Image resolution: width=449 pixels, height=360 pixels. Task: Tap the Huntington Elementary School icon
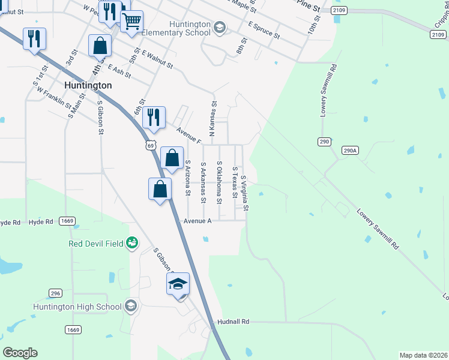tap(220, 26)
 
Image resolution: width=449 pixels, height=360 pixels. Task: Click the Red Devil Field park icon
tap(131, 243)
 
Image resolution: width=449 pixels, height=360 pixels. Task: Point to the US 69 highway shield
tap(150, 146)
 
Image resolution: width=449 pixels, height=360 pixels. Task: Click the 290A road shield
tap(350, 151)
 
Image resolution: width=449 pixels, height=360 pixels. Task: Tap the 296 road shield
tap(55, 293)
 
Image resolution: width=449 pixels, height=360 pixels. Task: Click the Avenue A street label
tap(197, 221)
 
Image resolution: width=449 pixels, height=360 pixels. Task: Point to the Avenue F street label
tap(188, 135)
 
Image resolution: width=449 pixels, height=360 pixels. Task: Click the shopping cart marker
tap(131, 22)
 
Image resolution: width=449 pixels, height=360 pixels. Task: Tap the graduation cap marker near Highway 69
tap(178, 284)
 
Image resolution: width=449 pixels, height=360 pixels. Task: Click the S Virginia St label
tap(245, 193)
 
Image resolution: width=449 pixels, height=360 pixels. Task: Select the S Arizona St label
tap(188, 178)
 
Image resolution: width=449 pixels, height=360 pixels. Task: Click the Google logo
tap(20, 352)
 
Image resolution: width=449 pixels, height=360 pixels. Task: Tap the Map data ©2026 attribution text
tap(423, 355)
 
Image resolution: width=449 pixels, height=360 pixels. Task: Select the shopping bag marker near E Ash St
tap(100, 46)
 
